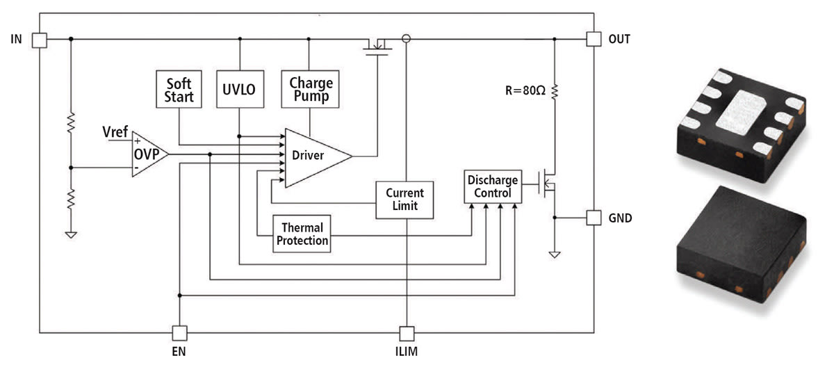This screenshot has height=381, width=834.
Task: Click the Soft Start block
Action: [x=179, y=89]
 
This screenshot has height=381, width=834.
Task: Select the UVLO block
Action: [x=238, y=89]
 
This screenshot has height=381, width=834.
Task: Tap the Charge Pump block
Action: [x=311, y=89]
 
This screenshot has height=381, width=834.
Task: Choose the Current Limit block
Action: [x=404, y=200]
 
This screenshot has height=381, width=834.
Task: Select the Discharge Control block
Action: [x=493, y=186]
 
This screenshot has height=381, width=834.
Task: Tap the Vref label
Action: [x=115, y=130]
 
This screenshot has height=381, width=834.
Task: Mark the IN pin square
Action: [x=40, y=39]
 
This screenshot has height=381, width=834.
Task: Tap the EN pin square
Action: [x=179, y=332]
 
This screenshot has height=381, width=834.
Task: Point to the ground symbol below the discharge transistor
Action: [x=554, y=254]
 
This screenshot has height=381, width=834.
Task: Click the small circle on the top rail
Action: [x=407, y=39]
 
